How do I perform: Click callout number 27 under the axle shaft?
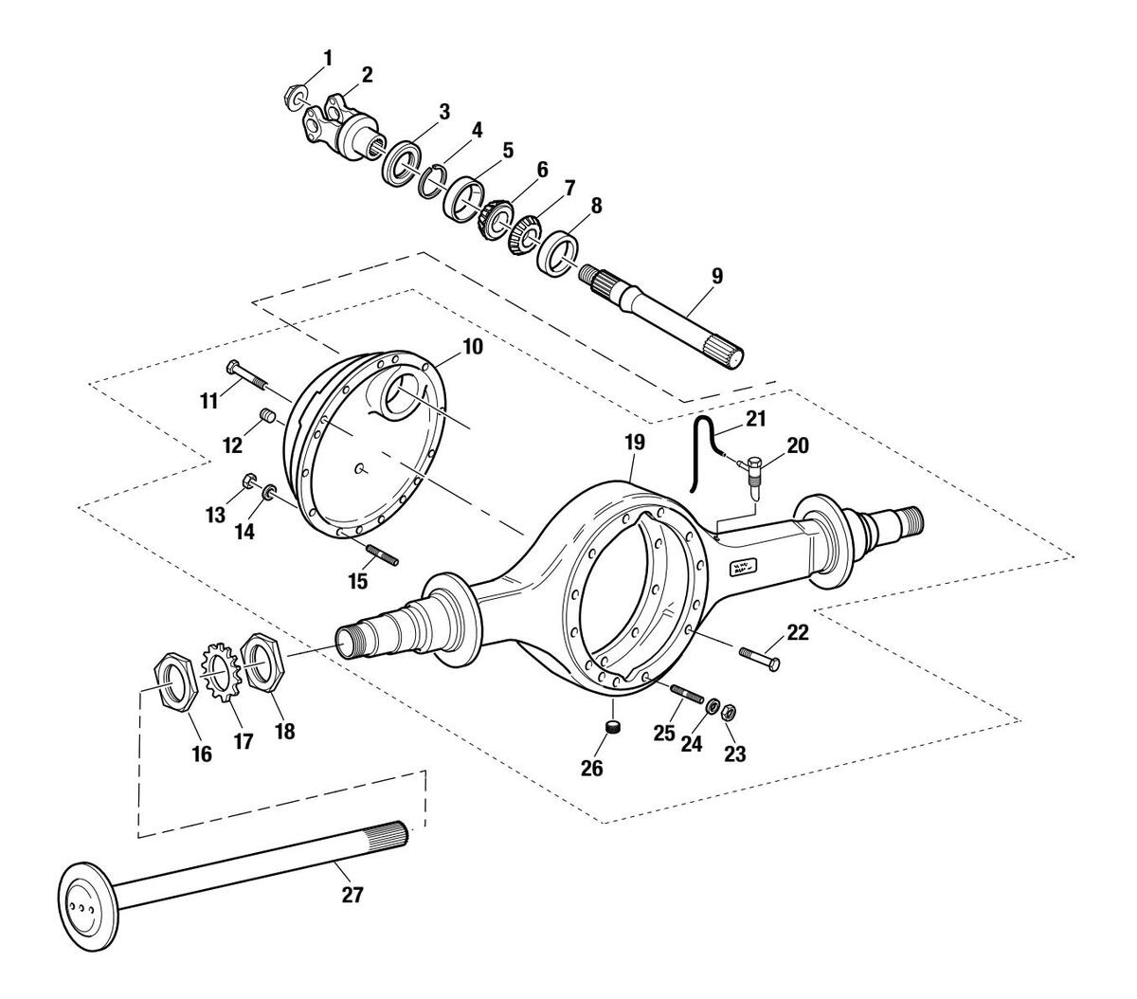coord(352,895)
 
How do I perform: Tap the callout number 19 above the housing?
coord(635,442)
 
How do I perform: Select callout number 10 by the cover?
coord(473,347)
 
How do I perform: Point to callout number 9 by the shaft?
coord(717,276)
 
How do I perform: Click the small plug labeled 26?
coord(615,727)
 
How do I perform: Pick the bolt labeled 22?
coord(759,659)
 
